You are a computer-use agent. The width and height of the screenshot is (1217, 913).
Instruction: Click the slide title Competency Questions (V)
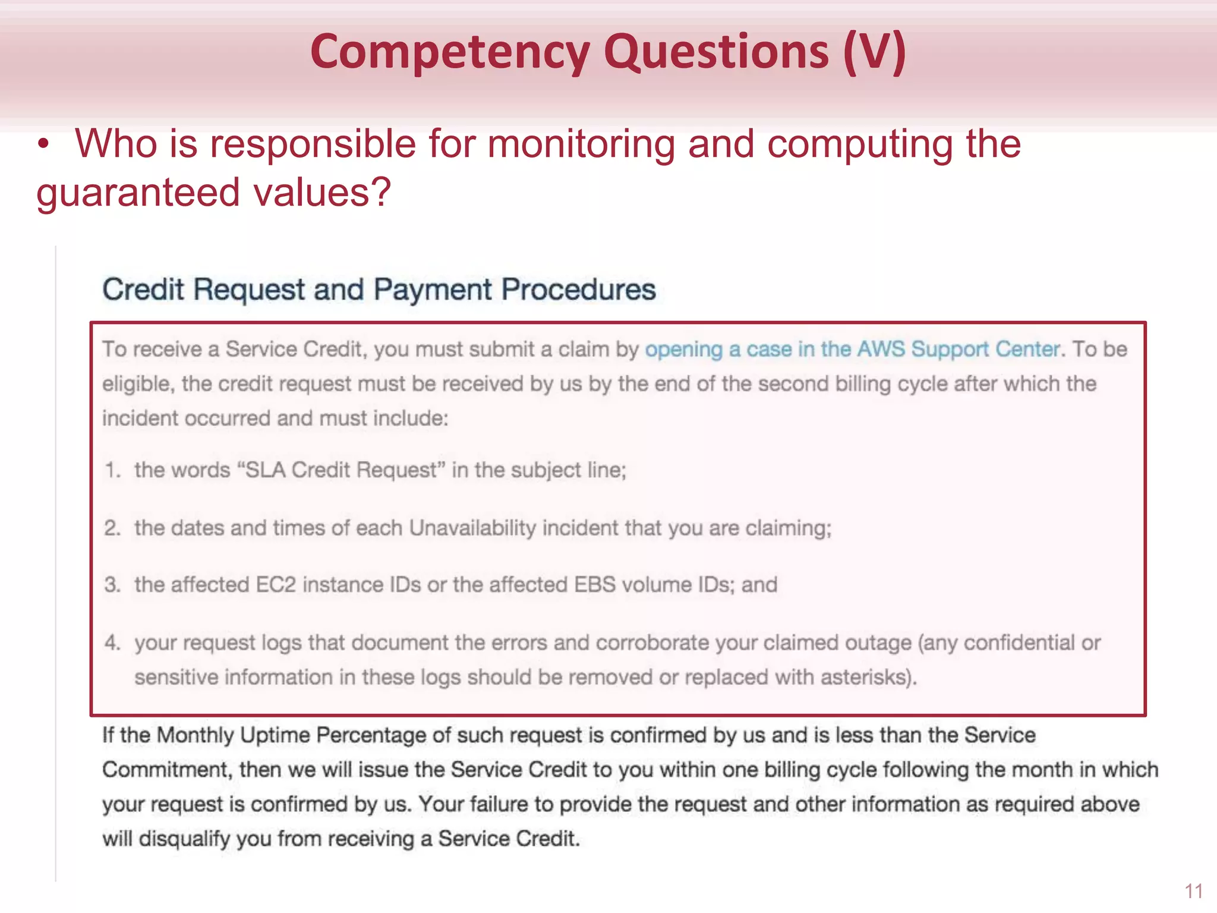608,52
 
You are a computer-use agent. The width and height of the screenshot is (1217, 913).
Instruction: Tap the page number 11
1194,891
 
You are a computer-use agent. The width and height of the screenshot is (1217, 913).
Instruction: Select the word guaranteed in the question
138,193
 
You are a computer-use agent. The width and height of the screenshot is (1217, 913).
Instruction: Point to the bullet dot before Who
43,145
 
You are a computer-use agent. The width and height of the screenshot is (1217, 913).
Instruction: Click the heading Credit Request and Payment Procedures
379,290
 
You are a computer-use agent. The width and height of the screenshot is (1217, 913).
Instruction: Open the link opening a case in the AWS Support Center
852,349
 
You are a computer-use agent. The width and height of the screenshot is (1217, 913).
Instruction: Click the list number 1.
112,470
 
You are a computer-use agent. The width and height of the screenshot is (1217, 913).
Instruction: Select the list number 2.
112,528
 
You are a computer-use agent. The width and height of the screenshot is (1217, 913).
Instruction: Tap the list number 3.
112,585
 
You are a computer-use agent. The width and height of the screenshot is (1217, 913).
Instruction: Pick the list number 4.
112,643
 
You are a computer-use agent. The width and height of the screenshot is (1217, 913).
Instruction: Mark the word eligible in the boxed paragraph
137,384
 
